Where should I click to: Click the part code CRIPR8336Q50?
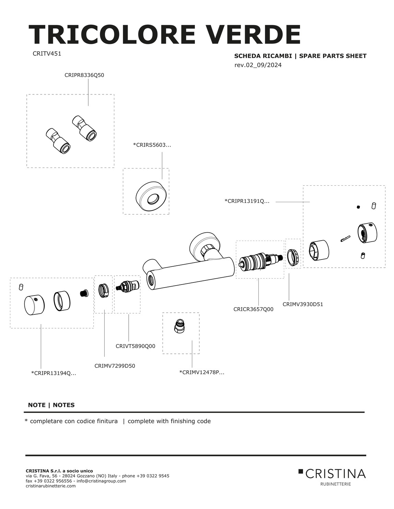[84, 75]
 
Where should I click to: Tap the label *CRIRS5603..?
[152, 145]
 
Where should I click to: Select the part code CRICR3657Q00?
[253, 309]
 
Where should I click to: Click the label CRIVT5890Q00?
[135, 346]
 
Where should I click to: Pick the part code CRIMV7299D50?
[115, 366]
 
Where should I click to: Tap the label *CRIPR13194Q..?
[54, 373]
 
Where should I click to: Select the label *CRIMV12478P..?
[201, 372]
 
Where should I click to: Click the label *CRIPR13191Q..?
[247, 201]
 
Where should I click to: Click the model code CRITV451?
[47, 54]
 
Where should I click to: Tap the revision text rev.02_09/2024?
[258, 65]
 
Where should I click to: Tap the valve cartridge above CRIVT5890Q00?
[128, 287]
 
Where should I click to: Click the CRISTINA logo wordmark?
[335, 474]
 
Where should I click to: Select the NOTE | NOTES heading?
[51, 405]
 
